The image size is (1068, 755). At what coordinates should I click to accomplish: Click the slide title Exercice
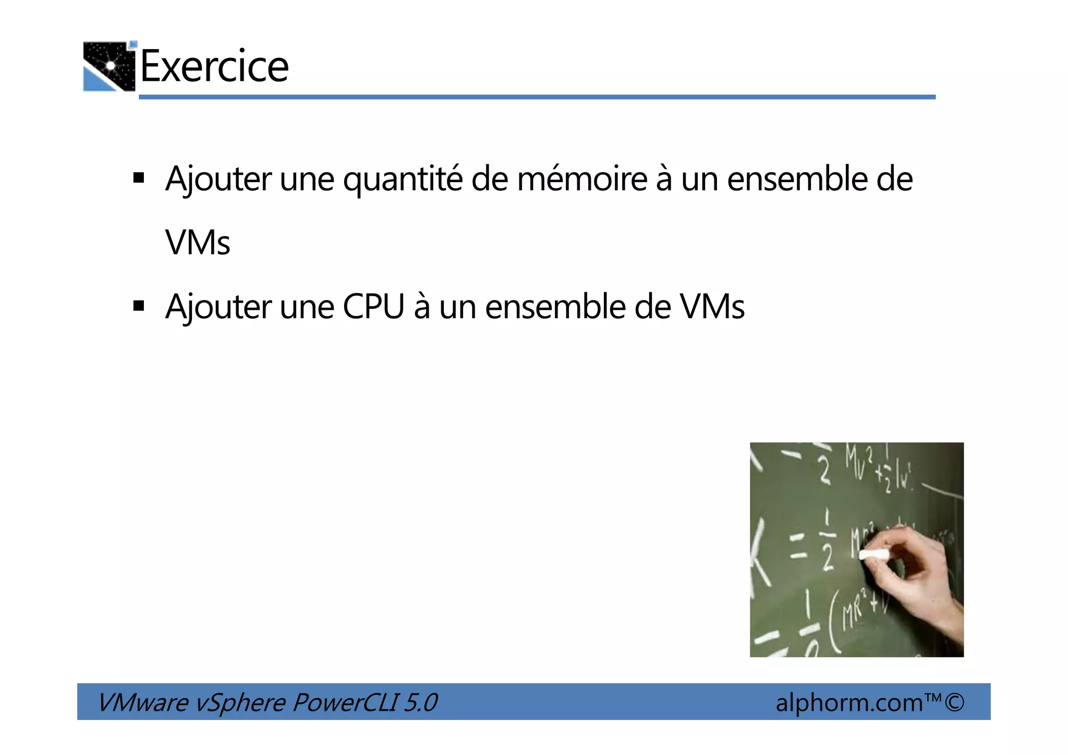(x=214, y=66)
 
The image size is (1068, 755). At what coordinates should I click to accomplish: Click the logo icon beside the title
(x=110, y=66)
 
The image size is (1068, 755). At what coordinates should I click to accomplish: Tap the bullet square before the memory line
(x=139, y=178)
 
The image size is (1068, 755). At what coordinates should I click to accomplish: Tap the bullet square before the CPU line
(x=139, y=306)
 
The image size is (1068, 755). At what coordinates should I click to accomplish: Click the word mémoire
(x=582, y=179)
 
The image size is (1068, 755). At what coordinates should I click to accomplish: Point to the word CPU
(x=373, y=307)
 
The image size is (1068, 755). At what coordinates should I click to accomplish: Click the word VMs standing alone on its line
(x=198, y=243)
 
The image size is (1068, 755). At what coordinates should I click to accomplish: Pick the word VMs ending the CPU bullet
(x=712, y=307)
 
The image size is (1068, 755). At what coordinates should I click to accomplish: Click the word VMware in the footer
(x=143, y=702)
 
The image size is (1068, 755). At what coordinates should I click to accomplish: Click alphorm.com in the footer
(x=849, y=703)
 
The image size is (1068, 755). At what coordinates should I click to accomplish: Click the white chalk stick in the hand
(x=873, y=555)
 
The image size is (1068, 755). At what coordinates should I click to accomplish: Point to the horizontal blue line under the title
(x=537, y=97)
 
